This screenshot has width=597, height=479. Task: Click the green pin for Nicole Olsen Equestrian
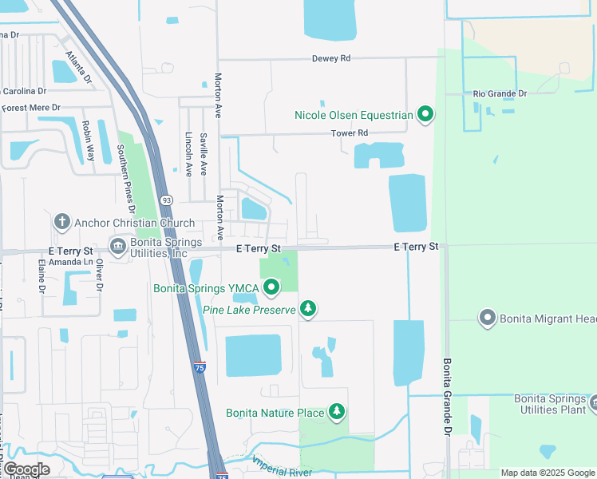425,116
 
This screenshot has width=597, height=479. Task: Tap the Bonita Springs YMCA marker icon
272,287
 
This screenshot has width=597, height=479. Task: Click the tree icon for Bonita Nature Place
338,413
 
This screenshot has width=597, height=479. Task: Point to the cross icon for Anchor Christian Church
61,223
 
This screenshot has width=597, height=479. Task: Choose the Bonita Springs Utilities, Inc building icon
118,245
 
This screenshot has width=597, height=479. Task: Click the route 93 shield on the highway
166,200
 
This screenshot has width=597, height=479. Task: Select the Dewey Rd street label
331,58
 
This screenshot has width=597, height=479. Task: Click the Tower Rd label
350,133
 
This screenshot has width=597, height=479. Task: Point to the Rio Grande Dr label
500,93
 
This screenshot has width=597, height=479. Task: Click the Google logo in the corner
26,469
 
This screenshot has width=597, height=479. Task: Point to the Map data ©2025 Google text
548,473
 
